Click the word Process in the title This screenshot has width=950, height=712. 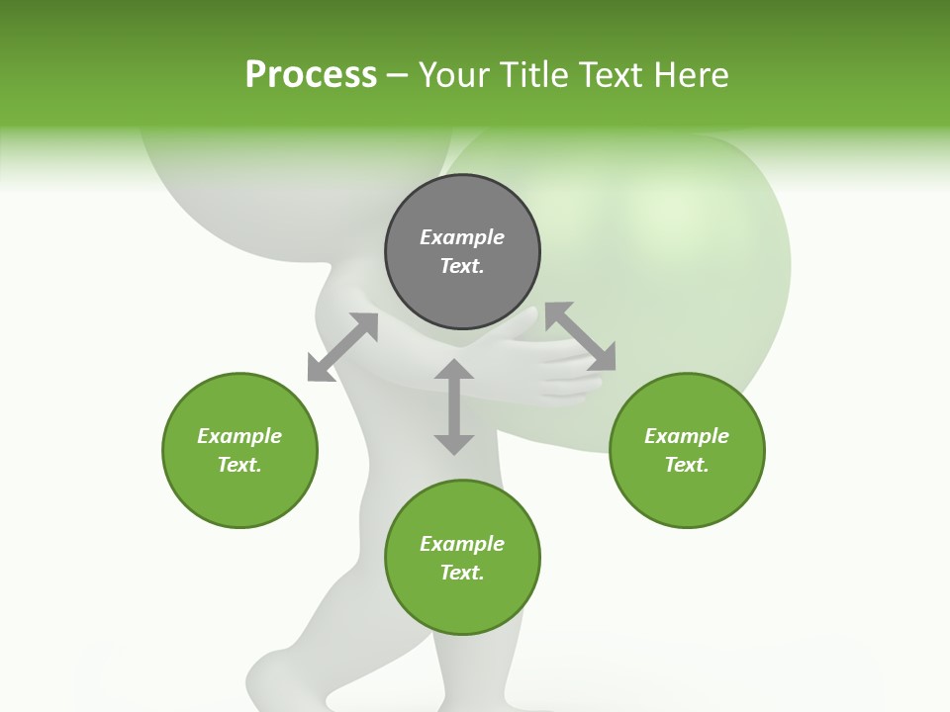tap(311, 75)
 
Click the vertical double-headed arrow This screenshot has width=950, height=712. tap(454, 406)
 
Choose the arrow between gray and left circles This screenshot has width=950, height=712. tap(342, 347)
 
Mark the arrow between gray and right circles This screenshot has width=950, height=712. tap(580, 336)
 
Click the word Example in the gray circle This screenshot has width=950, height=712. tap(462, 237)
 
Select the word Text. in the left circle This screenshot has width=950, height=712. tap(239, 465)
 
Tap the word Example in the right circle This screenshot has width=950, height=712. tap(687, 436)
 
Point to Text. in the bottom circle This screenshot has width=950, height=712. tap(462, 573)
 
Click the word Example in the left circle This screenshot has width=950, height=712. tap(239, 436)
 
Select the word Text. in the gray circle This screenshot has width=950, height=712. tap(462, 266)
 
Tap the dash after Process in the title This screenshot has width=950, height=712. tap(398, 75)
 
